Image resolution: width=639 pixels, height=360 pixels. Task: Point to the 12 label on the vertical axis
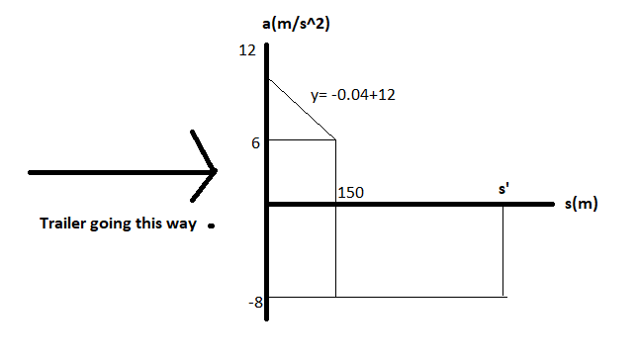[x=247, y=49]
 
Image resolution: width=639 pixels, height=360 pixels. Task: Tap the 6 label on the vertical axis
[x=254, y=142]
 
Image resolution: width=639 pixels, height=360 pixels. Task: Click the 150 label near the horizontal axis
[x=350, y=192]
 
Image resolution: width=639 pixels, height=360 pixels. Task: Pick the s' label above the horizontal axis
[x=503, y=187]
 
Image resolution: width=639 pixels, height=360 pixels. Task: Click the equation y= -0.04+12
[x=354, y=97]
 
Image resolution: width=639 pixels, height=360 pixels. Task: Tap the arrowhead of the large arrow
[x=213, y=172]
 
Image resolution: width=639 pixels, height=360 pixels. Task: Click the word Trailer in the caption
[x=61, y=224]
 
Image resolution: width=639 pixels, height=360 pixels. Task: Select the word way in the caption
[x=186, y=224]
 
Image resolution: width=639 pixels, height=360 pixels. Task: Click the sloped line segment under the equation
[x=302, y=109]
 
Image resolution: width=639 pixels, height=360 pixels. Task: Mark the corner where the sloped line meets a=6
[x=336, y=139]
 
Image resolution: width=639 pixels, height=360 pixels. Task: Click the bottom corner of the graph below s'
[x=503, y=296]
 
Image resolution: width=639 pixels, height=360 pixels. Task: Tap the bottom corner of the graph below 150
[x=336, y=296]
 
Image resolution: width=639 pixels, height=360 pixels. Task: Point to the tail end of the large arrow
[x=33, y=173]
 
